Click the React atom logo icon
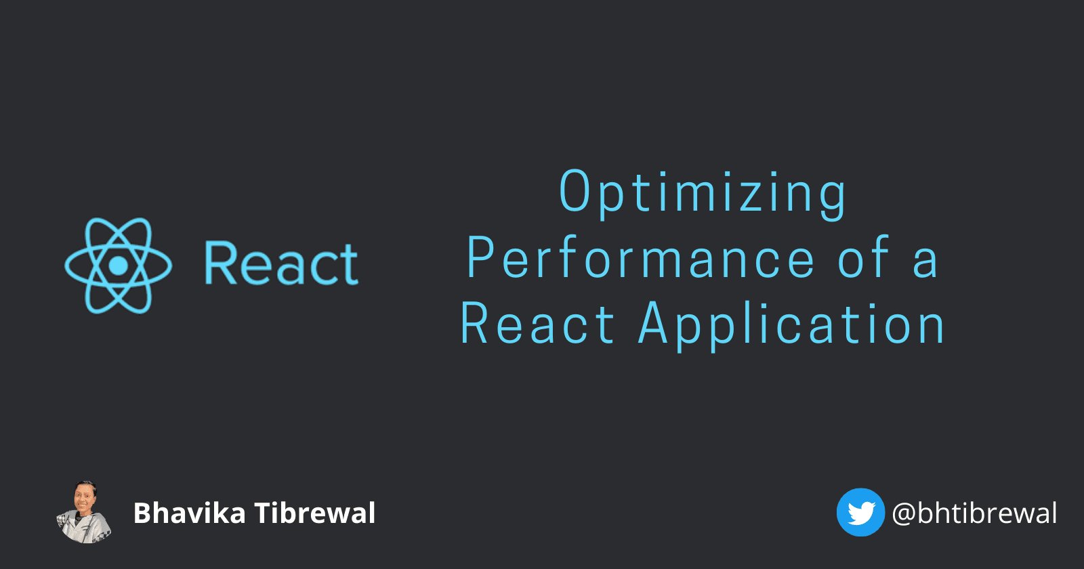[119, 265]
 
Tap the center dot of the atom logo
[119, 265]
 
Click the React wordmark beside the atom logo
[281, 264]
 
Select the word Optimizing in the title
[703, 193]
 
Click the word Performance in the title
[641, 259]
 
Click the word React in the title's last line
[537, 325]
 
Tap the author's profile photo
[83, 512]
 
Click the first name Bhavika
[189, 513]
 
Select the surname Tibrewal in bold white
[315, 513]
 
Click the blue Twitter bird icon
[860, 513]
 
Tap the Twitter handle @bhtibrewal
[974, 513]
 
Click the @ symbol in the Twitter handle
[904, 514]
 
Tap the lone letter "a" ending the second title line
[925, 263]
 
